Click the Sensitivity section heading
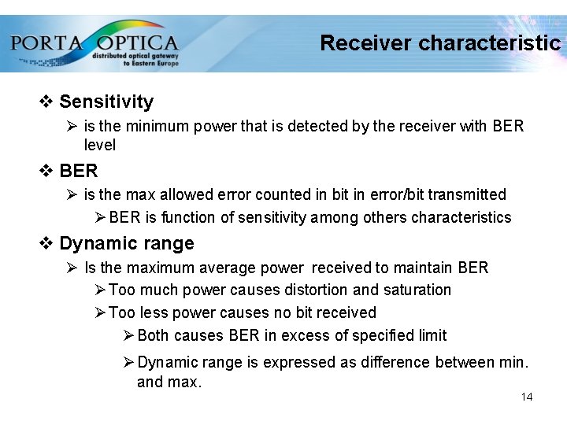[x=106, y=102]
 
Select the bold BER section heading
[x=79, y=171]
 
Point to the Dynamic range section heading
[x=126, y=243]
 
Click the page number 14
[x=527, y=397]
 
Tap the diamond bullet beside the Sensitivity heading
[x=46, y=102]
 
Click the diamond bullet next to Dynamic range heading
[x=46, y=243]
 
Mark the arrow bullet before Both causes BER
[x=129, y=336]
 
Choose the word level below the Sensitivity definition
[x=99, y=145]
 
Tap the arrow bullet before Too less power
[x=100, y=313]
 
